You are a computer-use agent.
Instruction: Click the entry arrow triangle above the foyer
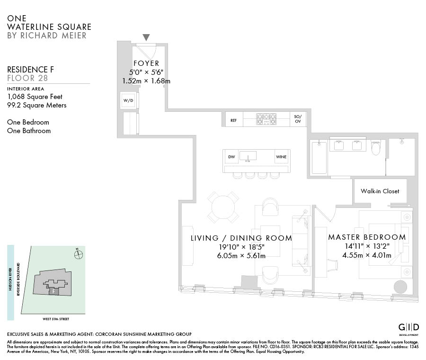[x=146, y=37]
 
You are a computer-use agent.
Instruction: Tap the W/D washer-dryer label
[x=128, y=100]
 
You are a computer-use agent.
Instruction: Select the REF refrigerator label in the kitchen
[x=233, y=120]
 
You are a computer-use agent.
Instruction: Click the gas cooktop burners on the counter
[x=266, y=119]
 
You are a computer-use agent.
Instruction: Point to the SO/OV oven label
[x=298, y=119]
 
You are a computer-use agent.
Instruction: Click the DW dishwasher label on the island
[x=231, y=157]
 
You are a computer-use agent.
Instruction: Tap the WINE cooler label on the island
[x=281, y=157]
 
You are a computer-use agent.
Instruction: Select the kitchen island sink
[x=248, y=156]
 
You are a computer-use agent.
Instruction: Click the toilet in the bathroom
[x=376, y=147]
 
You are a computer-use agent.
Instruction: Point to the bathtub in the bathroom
[x=319, y=157]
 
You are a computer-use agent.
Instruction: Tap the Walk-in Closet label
[x=380, y=191]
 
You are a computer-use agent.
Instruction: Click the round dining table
[x=223, y=207]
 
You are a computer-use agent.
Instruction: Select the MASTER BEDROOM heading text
[x=367, y=237]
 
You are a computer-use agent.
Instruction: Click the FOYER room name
[x=146, y=63]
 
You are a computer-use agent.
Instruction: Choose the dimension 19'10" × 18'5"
[x=241, y=247]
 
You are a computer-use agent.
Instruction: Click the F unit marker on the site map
[x=54, y=291]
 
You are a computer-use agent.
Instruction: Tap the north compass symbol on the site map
[x=78, y=254]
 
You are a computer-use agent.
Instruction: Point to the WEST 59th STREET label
[x=56, y=319]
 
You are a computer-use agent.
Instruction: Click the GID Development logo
[x=408, y=329]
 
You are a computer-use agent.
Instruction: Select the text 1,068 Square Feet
[x=35, y=97]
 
